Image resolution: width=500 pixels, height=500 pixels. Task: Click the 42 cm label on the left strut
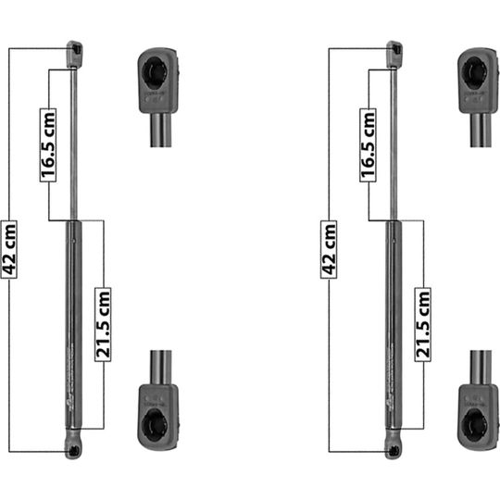point(9,249)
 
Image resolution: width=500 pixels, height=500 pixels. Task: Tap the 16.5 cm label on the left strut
point(48,145)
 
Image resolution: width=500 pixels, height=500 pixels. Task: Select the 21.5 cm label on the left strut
point(103,325)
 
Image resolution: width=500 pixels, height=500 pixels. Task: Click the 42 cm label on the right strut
point(329,249)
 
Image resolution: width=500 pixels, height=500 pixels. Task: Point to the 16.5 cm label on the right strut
point(368,145)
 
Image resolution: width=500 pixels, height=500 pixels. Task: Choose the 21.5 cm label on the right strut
point(423,325)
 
